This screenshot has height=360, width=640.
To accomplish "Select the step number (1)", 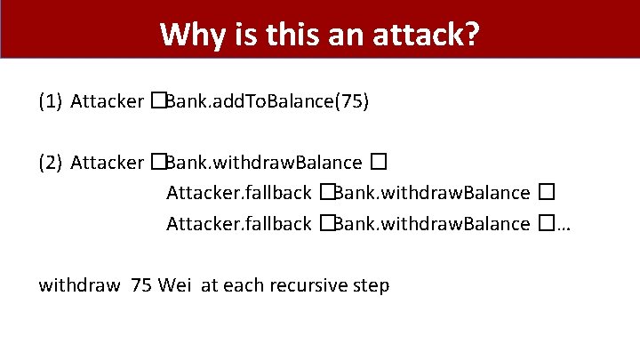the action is click(50, 101).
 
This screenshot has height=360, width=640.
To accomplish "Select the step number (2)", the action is click(50, 163).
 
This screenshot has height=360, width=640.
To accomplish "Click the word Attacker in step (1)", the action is click(107, 101).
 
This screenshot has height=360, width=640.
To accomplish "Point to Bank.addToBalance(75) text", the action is click(267, 101).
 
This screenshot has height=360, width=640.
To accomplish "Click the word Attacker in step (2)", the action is click(107, 163).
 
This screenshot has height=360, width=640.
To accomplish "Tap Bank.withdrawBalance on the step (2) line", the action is click(264, 163).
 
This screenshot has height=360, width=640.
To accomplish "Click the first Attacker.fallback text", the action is click(238, 193).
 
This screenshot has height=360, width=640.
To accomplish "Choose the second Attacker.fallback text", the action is click(238, 223).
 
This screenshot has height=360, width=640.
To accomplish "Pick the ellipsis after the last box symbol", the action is click(563, 225).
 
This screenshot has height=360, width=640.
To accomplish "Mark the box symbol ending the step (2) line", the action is click(379, 163).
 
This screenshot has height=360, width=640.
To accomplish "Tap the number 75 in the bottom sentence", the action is click(141, 285).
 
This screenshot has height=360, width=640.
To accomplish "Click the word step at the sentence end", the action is click(370, 286).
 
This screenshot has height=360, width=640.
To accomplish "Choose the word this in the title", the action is click(290, 36).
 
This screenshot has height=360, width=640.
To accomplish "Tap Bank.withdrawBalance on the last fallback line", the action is click(432, 223).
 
